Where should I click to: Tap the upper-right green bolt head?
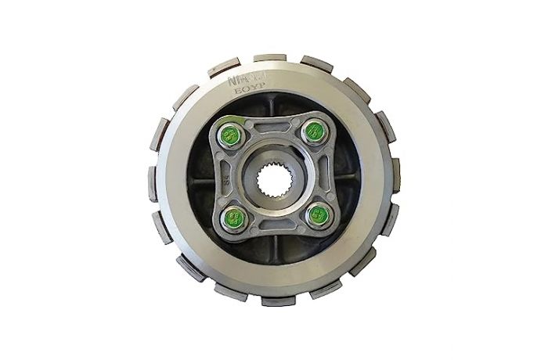(x=313, y=130)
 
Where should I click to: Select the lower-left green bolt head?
(x=232, y=215)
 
